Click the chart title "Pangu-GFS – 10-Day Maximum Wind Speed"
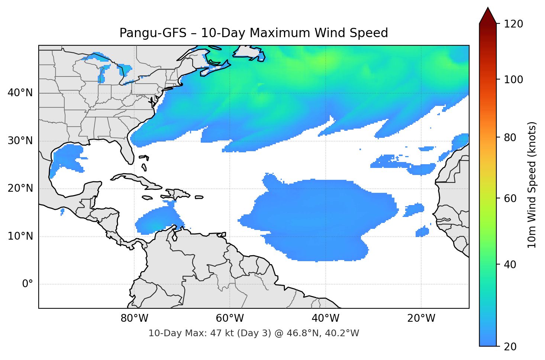[254, 33]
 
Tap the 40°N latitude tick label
[20, 93]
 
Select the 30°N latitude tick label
[20, 141]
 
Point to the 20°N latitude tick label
[20, 188]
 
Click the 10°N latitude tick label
[20, 236]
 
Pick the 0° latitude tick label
[28, 284]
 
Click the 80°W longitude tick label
[134, 318]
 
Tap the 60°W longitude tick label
[230, 318]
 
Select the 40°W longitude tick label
[325, 318]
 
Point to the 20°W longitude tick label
[421, 318]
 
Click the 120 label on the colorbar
[513, 24]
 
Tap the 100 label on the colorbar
[513, 80]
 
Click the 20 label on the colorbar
[510, 347]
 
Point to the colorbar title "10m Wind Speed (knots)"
[532, 185]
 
